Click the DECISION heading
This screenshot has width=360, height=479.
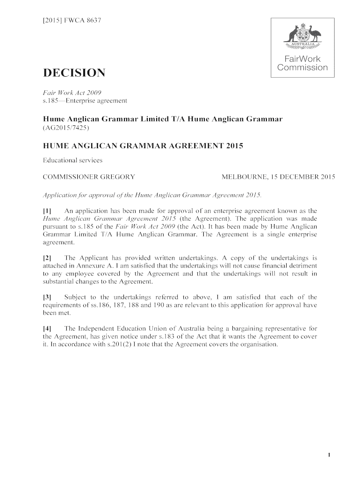coord(74,73)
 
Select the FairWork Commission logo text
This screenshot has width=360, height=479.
coord(302,64)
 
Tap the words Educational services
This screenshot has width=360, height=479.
coord(72,160)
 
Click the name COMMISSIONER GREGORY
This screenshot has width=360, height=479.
coord(89,177)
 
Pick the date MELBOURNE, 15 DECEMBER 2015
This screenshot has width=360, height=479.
coord(278,177)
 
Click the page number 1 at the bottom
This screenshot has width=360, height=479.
coord(330,456)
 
